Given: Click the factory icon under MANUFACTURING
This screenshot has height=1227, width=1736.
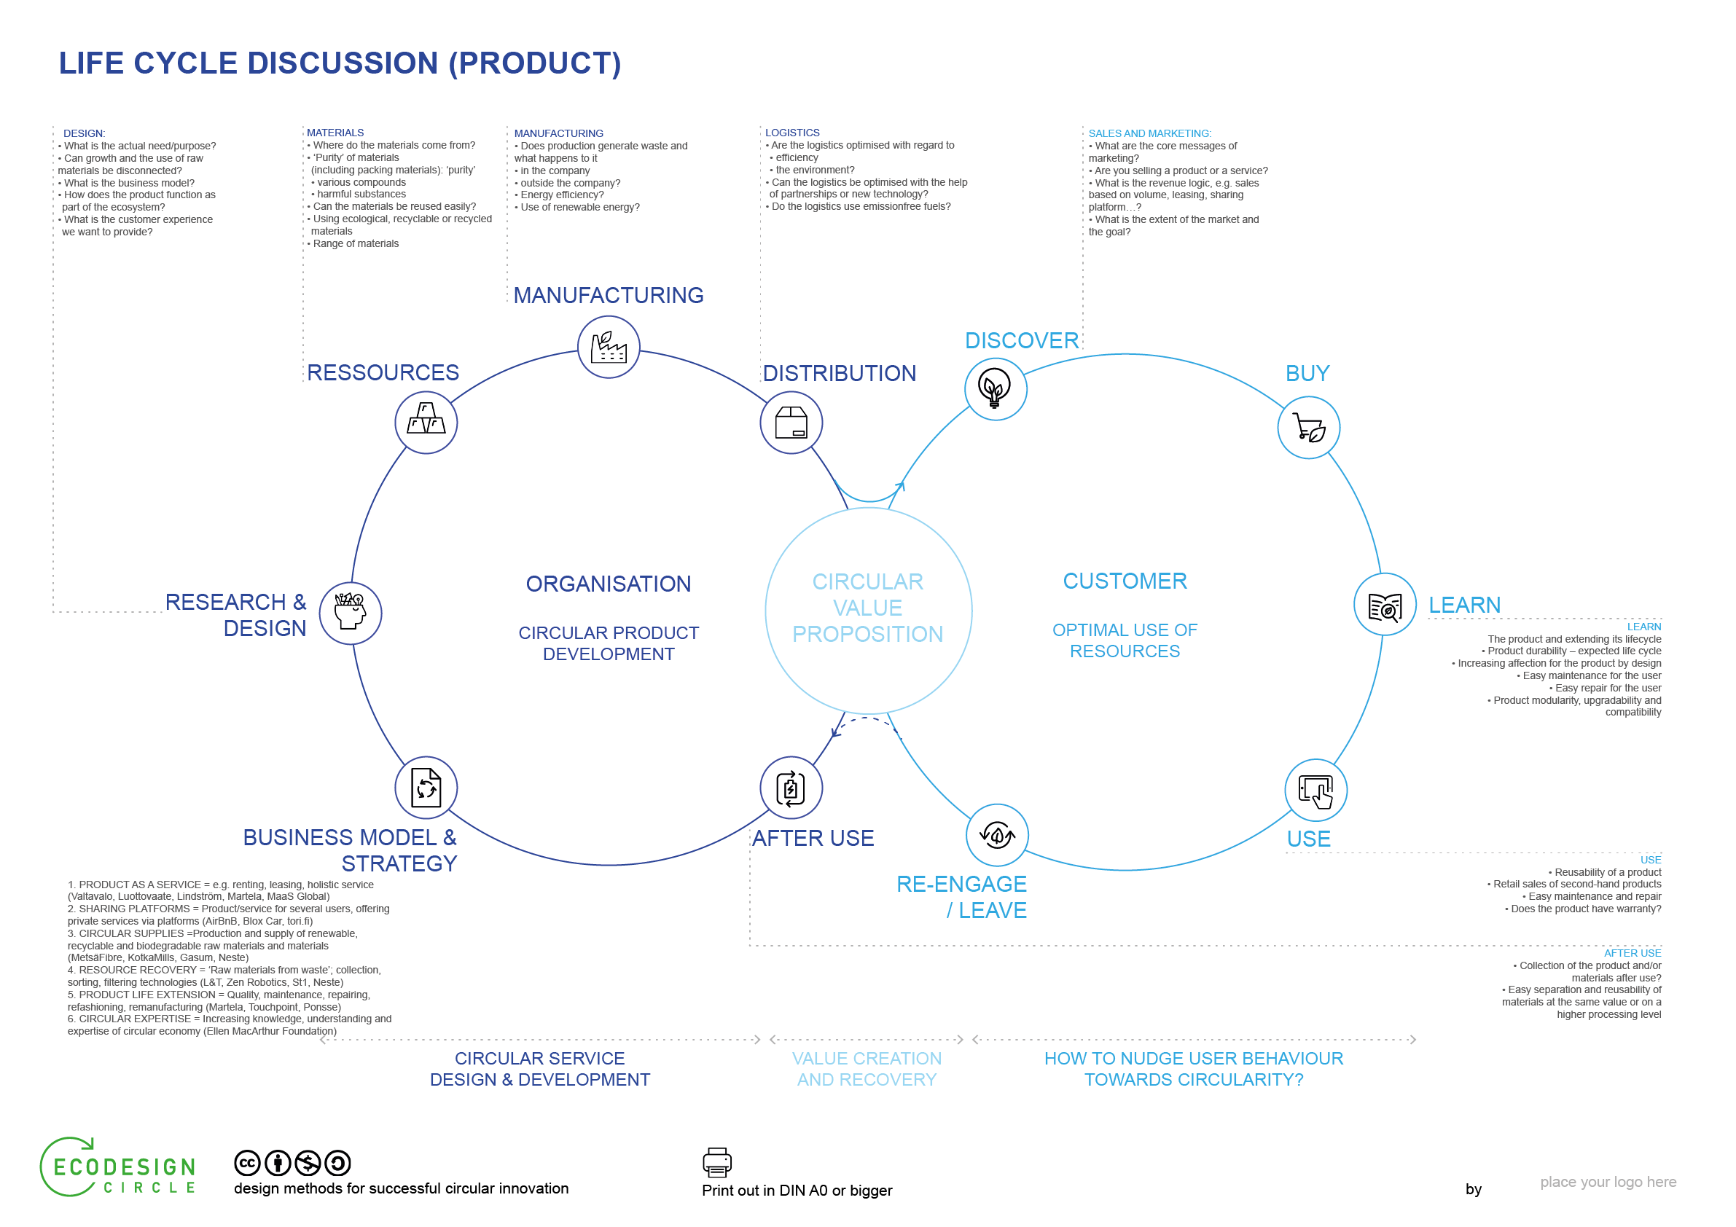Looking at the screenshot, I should click(x=609, y=347).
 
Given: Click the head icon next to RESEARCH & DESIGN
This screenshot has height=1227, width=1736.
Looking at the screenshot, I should click(x=350, y=612).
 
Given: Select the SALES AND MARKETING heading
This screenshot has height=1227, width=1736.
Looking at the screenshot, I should click(x=1149, y=133).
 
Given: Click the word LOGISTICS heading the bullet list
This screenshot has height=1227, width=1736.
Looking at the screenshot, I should click(x=791, y=133).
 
